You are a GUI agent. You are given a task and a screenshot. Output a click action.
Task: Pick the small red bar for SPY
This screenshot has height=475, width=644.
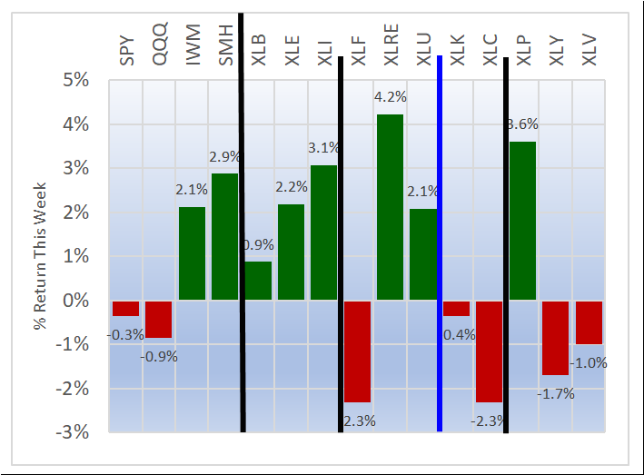[x=125, y=309]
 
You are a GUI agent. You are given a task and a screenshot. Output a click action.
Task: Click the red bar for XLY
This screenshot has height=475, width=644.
[x=556, y=338]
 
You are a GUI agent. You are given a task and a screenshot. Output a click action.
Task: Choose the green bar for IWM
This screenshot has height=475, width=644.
[x=192, y=254]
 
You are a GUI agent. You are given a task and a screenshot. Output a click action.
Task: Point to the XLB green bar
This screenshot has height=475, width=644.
[x=258, y=281]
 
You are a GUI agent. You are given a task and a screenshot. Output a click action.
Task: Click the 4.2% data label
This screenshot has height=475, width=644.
[x=390, y=95]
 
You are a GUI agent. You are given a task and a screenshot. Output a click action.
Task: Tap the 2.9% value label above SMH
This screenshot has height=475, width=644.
[x=225, y=156]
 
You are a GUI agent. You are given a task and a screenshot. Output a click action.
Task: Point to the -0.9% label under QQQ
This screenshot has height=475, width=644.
[x=159, y=356]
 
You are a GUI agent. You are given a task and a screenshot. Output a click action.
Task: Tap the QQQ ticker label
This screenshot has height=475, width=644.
[x=159, y=45]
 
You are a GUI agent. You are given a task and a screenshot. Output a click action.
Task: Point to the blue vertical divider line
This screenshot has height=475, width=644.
[x=440, y=245]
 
